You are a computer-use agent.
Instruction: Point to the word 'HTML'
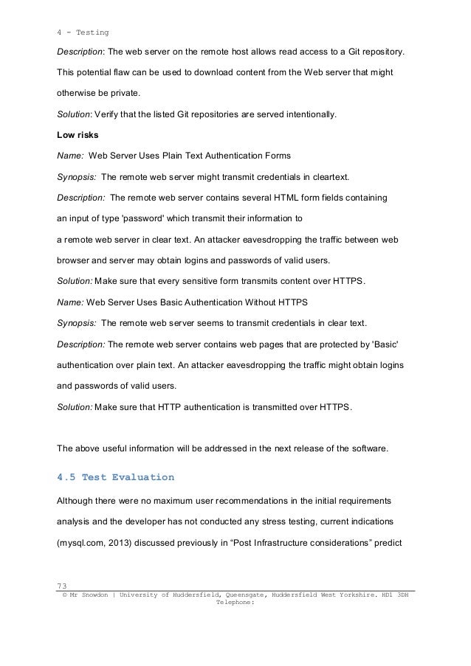coord(287,198)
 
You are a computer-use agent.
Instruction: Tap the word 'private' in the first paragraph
coord(120,94)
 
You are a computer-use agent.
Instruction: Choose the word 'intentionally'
coord(303,115)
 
